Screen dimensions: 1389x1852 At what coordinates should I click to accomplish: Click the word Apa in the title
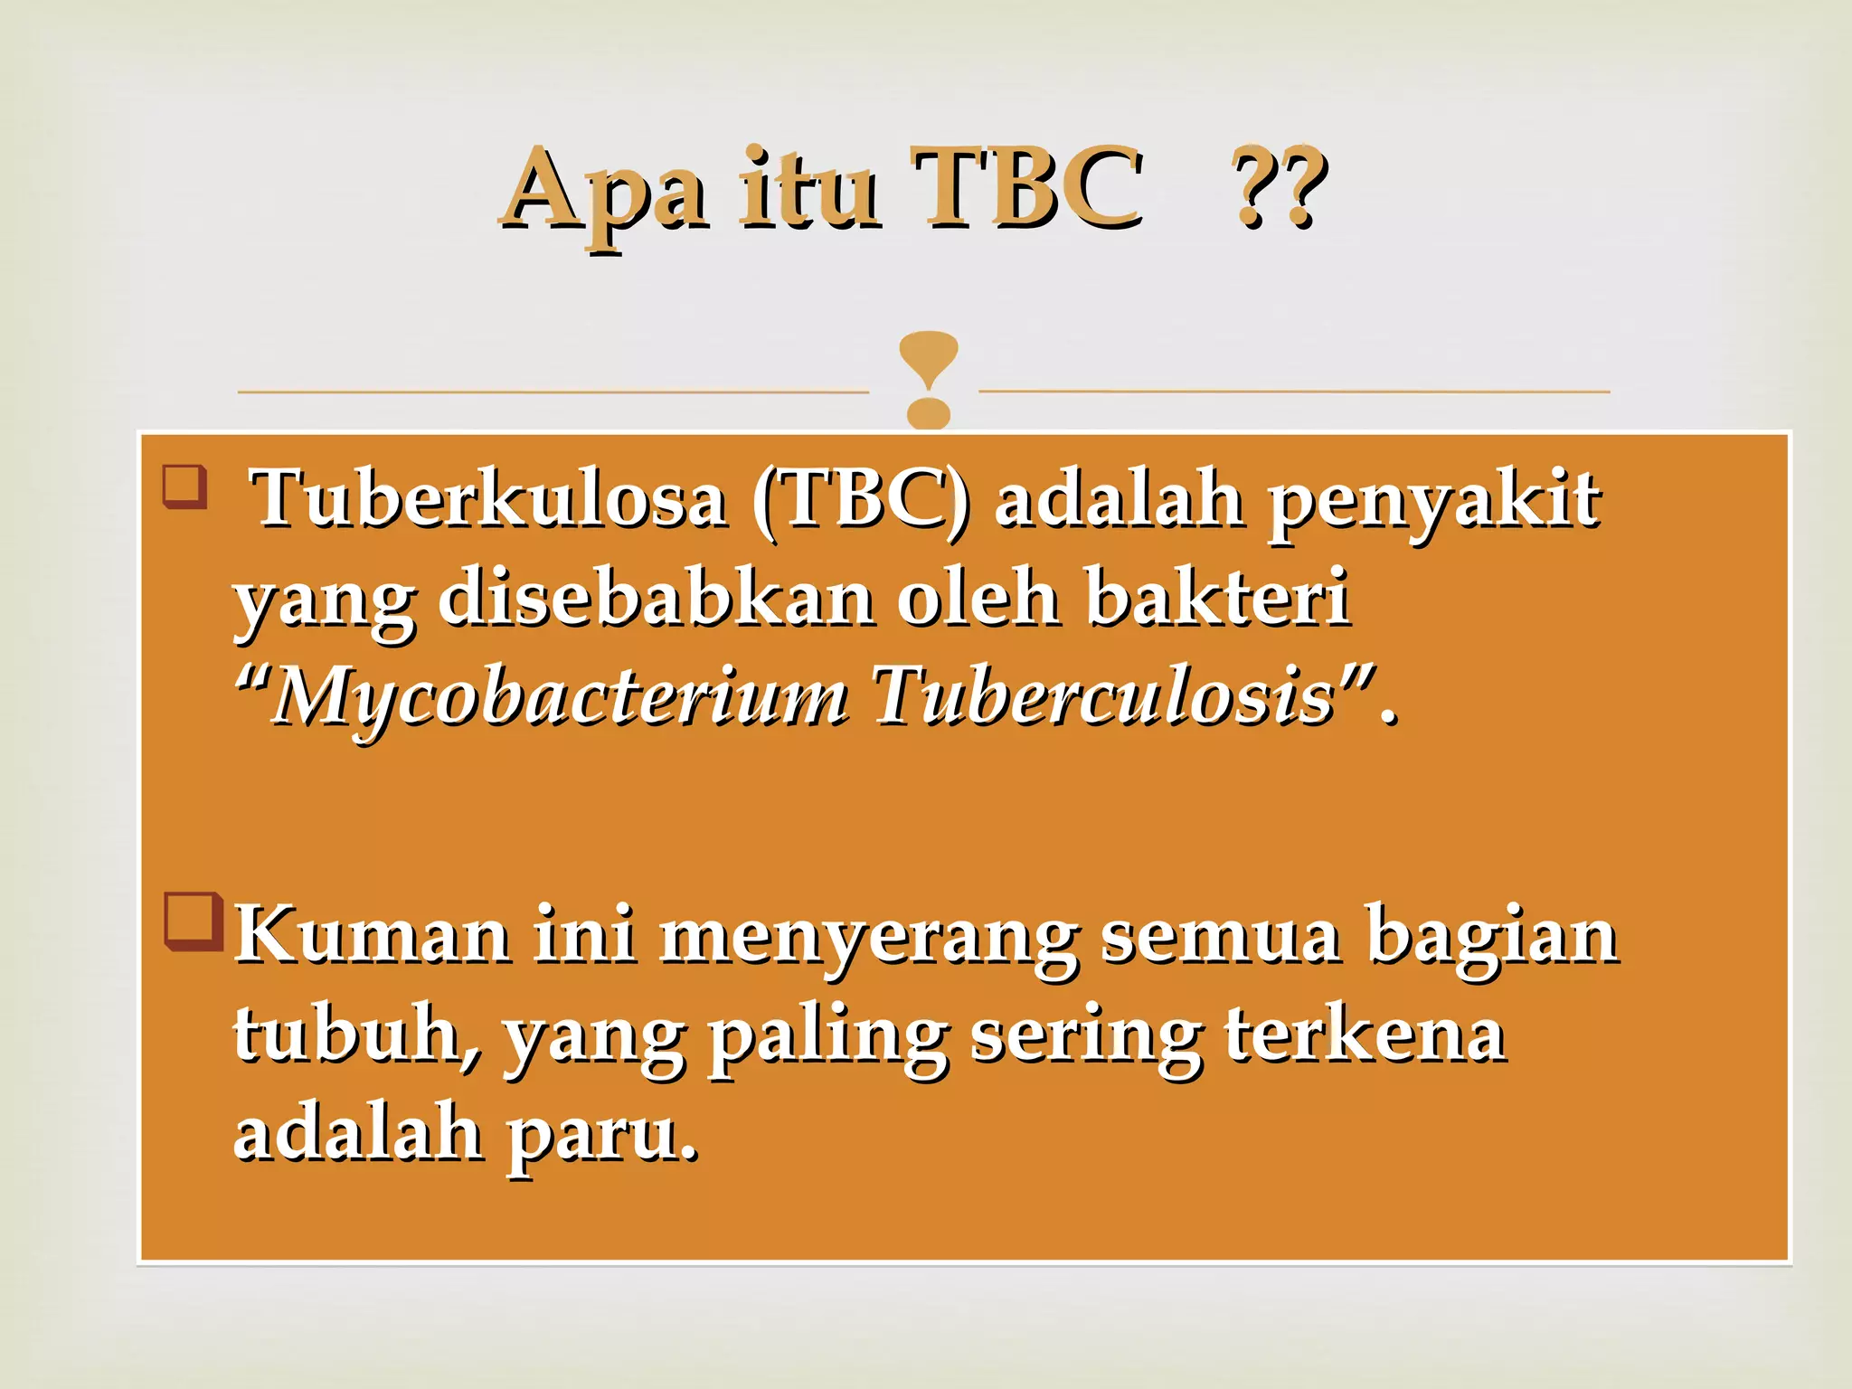[x=604, y=190]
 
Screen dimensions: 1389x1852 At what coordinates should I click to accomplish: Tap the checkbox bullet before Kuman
[x=194, y=921]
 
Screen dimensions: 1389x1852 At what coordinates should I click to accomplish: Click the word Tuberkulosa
[x=488, y=499]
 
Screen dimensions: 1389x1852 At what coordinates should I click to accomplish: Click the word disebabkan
[x=656, y=599]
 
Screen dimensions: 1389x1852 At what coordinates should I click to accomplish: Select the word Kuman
[x=372, y=936]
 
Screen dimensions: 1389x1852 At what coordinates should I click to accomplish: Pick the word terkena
[x=1365, y=1035]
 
